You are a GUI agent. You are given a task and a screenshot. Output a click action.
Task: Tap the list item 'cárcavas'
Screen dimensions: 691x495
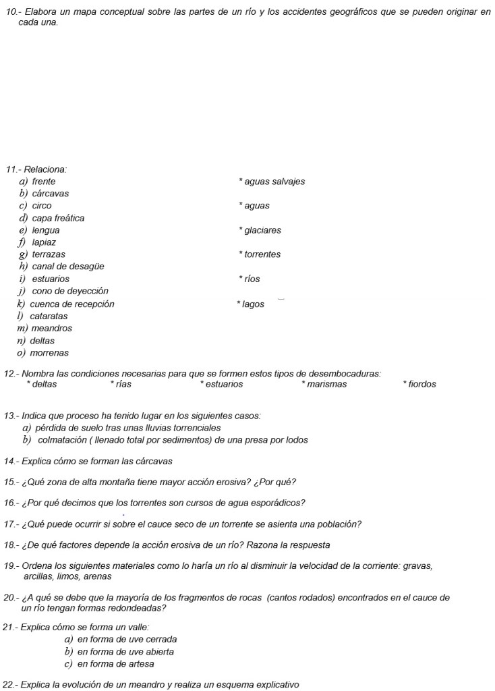pyautogui.click(x=51, y=194)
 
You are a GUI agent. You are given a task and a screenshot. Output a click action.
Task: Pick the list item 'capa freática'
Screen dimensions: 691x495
pyautogui.click(x=58, y=218)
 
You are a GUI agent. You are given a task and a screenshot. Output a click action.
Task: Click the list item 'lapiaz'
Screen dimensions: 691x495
pyautogui.click(x=44, y=242)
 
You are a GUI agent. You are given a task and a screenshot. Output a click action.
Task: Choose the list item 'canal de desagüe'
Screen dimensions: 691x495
pyautogui.click(x=68, y=267)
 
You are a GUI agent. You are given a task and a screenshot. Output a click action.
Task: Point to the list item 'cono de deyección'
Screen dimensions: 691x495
pyautogui.click(x=70, y=291)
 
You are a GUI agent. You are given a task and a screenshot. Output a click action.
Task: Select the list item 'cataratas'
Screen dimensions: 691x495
pyautogui.click(x=49, y=316)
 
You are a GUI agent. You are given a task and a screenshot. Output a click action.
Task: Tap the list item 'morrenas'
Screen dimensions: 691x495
pyautogui.click(x=49, y=353)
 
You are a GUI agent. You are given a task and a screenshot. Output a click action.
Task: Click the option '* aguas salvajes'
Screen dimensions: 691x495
pyautogui.click(x=272, y=182)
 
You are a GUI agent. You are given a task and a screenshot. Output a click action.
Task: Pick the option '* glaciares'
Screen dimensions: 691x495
pyautogui.click(x=260, y=230)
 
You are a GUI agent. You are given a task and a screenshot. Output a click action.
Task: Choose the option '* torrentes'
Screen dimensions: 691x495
pyautogui.click(x=260, y=254)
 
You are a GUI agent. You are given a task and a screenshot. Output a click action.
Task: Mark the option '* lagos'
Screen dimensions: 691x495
pyautogui.click(x=251, y=304)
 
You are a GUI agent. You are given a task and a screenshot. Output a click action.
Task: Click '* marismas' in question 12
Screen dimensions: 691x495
pyautogui.click(x=324, y=385)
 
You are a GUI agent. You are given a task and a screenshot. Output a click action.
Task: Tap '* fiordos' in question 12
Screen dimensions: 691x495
pyautogui.click(x=419, y=385)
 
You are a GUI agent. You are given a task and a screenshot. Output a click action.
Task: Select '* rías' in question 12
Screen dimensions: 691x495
pyautogui.click(x=121, y=385)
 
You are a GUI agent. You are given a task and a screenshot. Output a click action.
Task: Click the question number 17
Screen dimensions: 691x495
pyautogui.click(x=10, y=524)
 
